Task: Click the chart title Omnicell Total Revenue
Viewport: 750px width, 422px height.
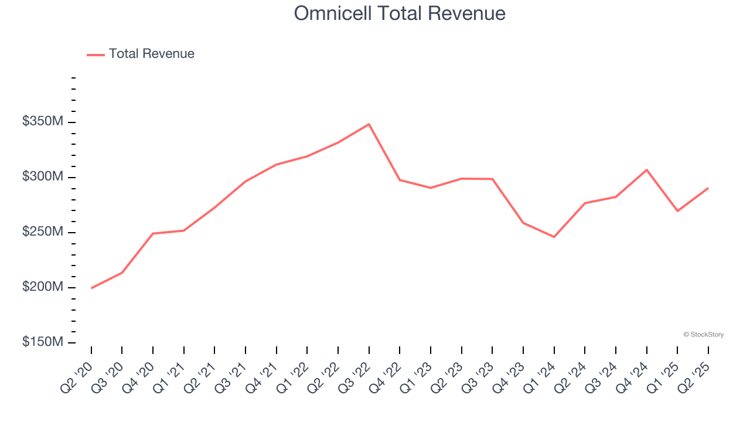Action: coord(400,13)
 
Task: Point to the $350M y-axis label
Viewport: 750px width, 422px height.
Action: coord(43,122)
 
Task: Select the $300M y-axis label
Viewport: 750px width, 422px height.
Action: coord(43,177)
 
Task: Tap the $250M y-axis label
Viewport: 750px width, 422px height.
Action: coord(43,232)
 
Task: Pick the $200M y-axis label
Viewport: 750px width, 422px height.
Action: coord(43,287)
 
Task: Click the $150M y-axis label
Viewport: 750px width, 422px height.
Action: coord(43,342)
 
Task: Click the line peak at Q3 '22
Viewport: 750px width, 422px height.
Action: coord(369,124)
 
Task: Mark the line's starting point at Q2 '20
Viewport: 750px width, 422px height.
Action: coord(91,288)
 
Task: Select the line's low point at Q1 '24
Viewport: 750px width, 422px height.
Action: coord(554,237)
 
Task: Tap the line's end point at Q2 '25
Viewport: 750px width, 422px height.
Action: coord(708,188)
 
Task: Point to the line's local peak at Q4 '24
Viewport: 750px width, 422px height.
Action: coord(646,170)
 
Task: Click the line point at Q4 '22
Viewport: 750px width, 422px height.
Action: coord(400,180)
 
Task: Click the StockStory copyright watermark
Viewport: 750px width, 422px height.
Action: coord(703,335)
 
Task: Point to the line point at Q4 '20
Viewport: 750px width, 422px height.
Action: coord(153,233)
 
